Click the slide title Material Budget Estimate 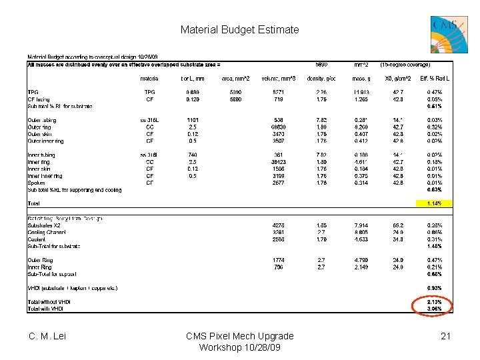coord(239,30)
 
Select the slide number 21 coord(445,337)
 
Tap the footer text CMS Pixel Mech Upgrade coord(239,336)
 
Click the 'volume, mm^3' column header coord(279,78)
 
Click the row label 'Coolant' coord(37,239)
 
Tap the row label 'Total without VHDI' coord(49,302)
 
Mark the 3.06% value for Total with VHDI coord(434,309)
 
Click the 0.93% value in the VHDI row coord(434,288)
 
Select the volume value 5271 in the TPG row coord(279,92)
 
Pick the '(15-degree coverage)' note coord(405,65)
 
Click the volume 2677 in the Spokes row coord(279,183)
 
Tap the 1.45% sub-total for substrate coord(434,246)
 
